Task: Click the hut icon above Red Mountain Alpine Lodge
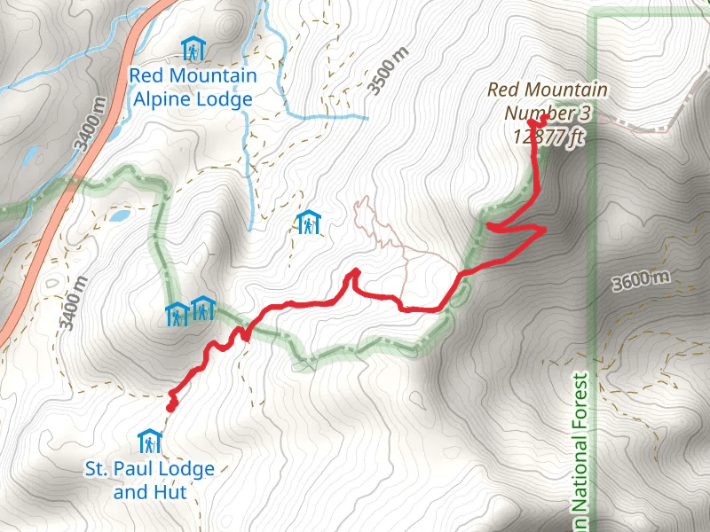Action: click(x=191, y=48)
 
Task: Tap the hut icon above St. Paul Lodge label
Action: click(x=150, y=441)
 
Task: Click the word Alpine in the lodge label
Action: click(x=164, y=99)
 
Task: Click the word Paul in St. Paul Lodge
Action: click(x=137, y=467)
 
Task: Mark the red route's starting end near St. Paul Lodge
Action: click(x=170, y=406)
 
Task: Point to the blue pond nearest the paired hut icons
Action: click(x=119, y=215)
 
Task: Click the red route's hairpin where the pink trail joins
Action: click(x=355, y=270)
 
